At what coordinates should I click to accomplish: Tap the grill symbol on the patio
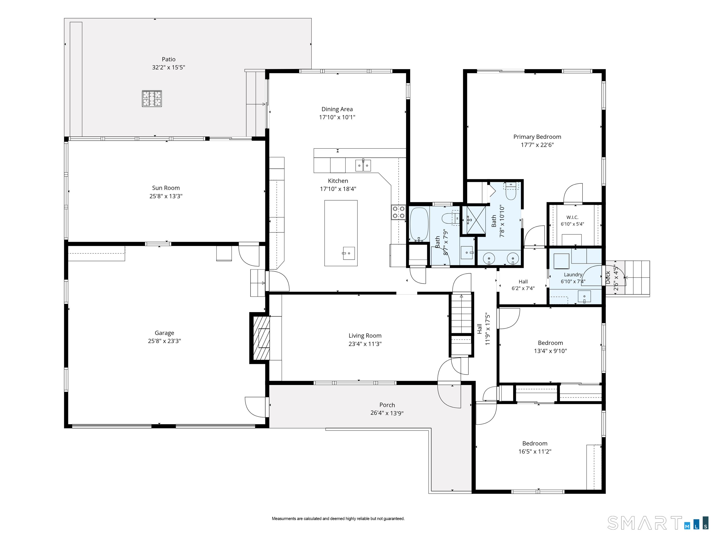tap(152, 99)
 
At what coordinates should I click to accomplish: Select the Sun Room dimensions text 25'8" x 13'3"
tap(166, 196)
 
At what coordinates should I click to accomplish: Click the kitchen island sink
tap(349, 253)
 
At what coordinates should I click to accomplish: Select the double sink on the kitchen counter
tap(363, 165)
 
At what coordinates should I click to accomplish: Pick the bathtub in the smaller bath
tap(419, 224)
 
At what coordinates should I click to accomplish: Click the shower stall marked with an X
tap(474, 220)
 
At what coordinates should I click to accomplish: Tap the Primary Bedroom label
tap(537, 137)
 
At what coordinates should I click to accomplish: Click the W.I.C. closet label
tap(572, 217)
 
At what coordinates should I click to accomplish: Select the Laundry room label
tap(573, 275)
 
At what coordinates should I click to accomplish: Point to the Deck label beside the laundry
tap(608, 277)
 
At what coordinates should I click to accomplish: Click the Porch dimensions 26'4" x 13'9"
tap(387, 413)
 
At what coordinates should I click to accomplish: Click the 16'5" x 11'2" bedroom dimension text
tap(535, 451)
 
